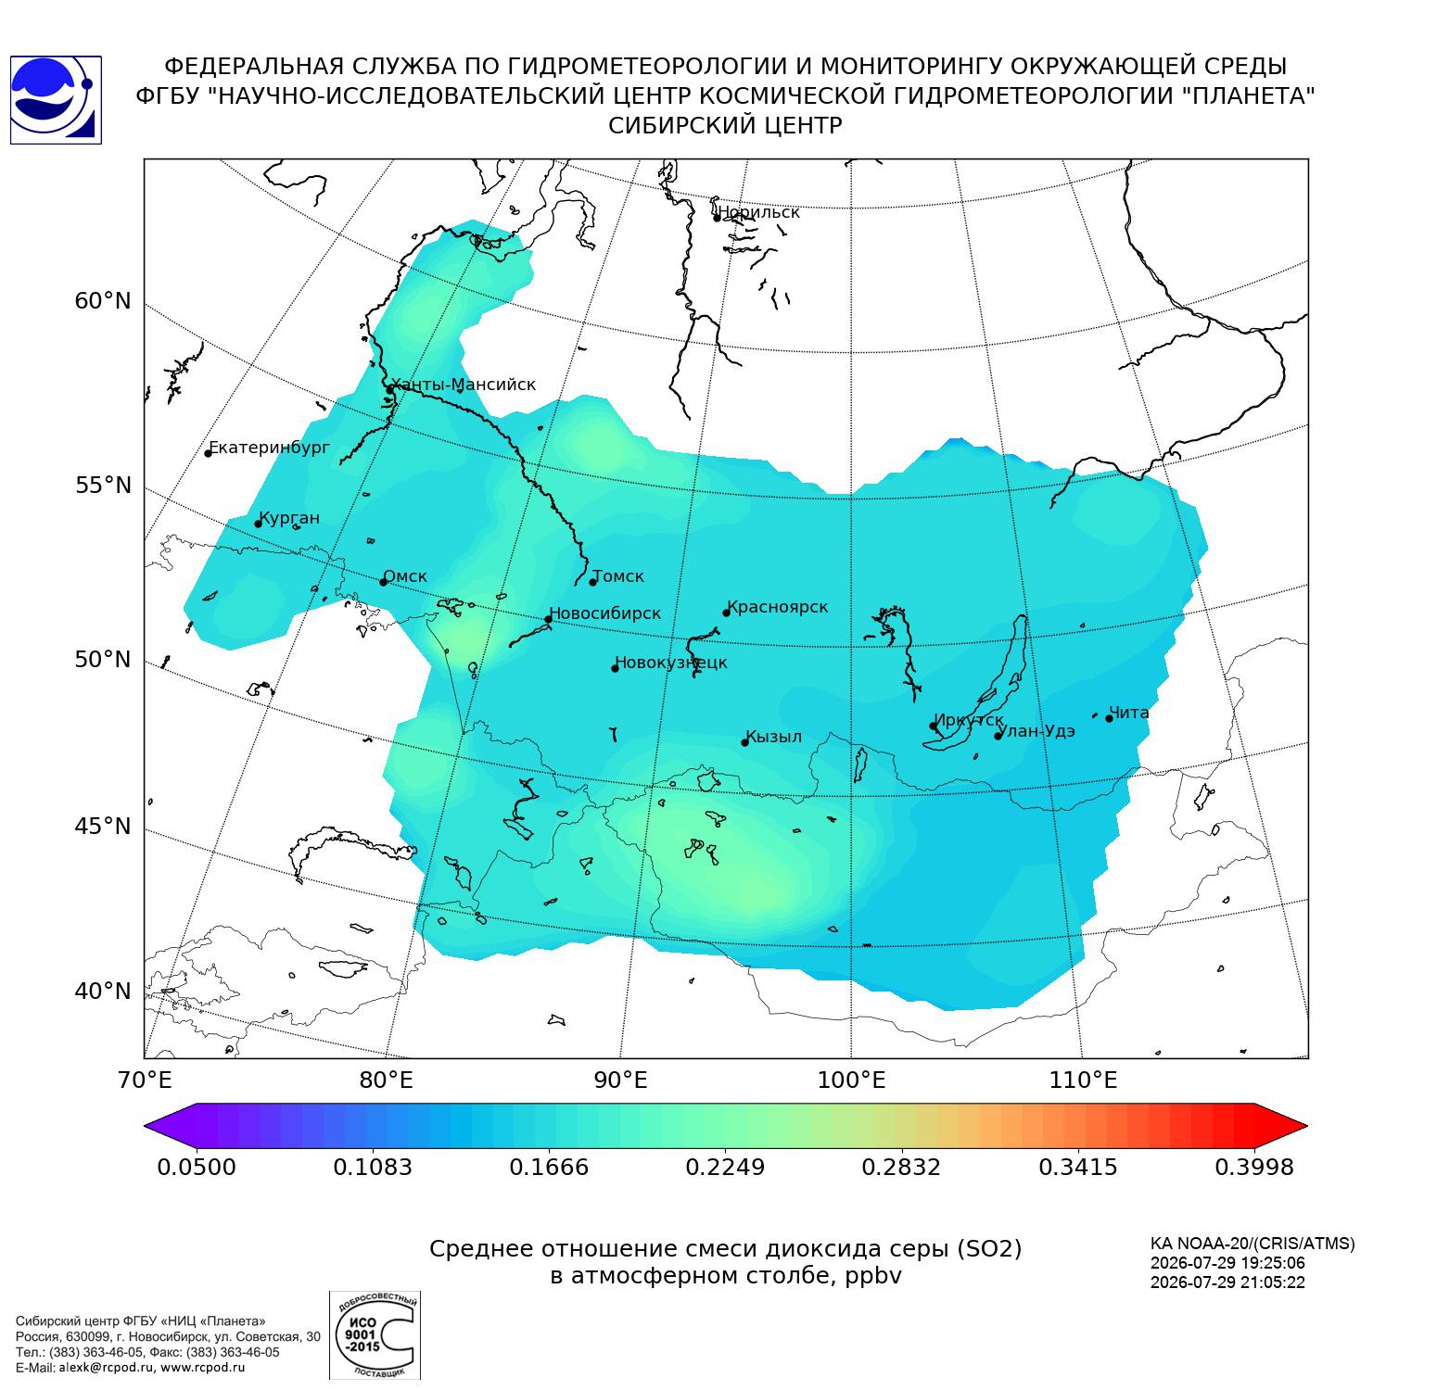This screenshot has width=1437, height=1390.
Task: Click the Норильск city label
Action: pos(758,212)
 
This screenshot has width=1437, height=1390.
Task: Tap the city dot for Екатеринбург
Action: pos(209,453)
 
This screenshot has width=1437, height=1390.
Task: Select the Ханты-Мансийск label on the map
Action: pos(464,385)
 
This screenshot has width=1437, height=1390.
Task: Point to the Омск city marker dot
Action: pos(383,582)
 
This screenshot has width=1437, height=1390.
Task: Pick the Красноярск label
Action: pos(778,608)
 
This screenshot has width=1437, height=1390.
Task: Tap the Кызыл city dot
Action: pos(744,742)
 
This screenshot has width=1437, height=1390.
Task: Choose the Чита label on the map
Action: pos(1129,713)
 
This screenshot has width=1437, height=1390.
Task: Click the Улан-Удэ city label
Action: pos(1037,731)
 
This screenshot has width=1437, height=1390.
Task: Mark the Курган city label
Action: pos(289,519)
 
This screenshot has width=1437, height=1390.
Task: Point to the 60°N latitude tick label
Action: pos(103,301)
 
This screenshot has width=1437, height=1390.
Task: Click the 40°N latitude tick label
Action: pos(103,992)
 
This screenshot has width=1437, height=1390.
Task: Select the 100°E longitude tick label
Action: pos(851,1080)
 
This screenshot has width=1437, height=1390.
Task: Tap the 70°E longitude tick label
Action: pos(144,1080)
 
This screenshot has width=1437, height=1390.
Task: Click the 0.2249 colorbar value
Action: pos(725,1167)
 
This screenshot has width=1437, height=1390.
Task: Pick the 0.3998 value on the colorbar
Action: pos(1253,1167)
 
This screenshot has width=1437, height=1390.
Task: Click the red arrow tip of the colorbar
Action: pos(1307,1127)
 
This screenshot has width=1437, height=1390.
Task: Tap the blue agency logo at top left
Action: pos(56,100)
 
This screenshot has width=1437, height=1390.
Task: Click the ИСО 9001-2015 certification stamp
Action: pos(375,1335)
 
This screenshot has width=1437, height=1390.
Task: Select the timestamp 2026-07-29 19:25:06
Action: pos(1227,1263)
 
